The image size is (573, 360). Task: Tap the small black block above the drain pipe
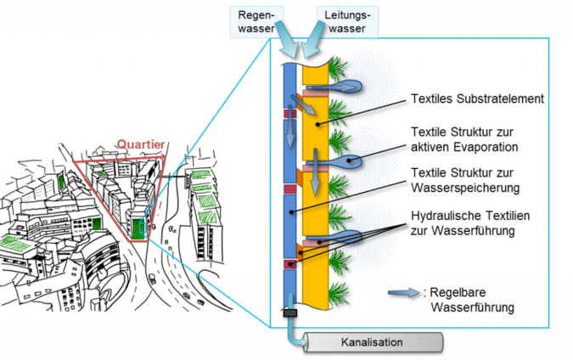pyautogui.click(x=290, y=313)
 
